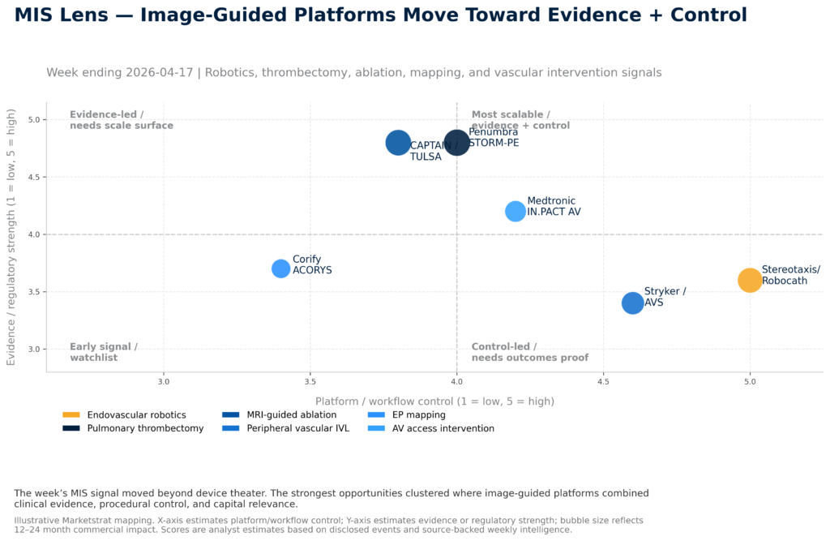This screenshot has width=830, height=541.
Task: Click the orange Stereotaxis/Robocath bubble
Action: (750, 280)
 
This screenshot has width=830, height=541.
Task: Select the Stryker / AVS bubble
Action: (632, 303)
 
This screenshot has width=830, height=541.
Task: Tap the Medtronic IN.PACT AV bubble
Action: (516, 212)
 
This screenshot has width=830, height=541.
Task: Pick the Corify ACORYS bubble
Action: (281, 268)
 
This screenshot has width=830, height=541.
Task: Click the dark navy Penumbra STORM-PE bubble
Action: (457, 143)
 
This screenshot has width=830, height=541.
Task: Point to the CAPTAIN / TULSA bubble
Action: (398, 143)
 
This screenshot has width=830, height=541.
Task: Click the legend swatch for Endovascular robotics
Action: (71, 415)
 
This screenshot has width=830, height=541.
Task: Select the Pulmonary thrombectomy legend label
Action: (145, 428)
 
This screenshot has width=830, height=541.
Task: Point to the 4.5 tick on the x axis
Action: (603, 380)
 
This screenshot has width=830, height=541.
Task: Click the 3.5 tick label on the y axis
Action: (33, 292)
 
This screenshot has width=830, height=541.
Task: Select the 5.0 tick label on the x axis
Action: (750, 380)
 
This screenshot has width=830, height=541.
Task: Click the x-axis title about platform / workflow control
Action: (434, 401)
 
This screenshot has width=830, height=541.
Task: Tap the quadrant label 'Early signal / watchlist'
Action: (104, 352)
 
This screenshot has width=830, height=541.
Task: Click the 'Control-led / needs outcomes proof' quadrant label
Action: (529, 352)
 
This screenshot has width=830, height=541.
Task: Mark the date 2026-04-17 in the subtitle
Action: (159, 72)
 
